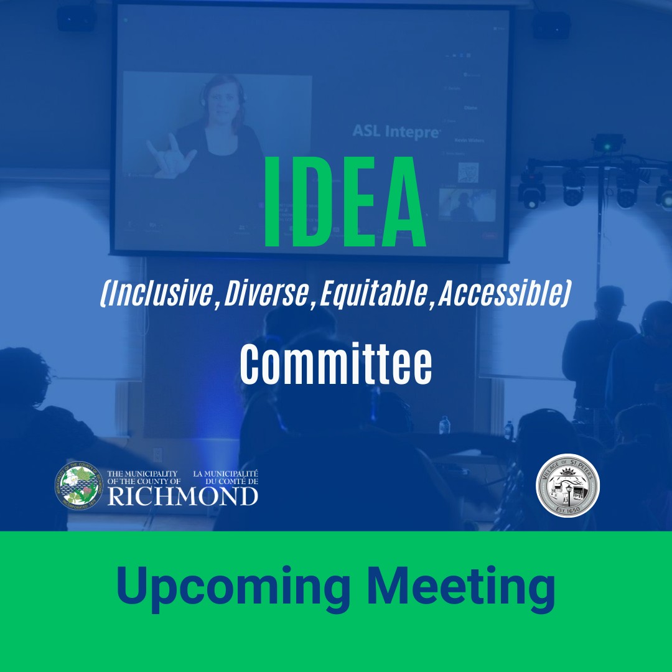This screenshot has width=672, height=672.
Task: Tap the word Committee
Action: pos(336,366)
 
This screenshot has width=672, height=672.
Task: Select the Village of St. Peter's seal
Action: pos(568,485)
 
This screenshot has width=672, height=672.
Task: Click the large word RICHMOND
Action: pos(182,496)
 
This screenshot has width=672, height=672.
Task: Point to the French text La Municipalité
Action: pos(225,474)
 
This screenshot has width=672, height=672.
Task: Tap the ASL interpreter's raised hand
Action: pos(166,152)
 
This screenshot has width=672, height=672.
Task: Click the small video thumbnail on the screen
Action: pos(467,205)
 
